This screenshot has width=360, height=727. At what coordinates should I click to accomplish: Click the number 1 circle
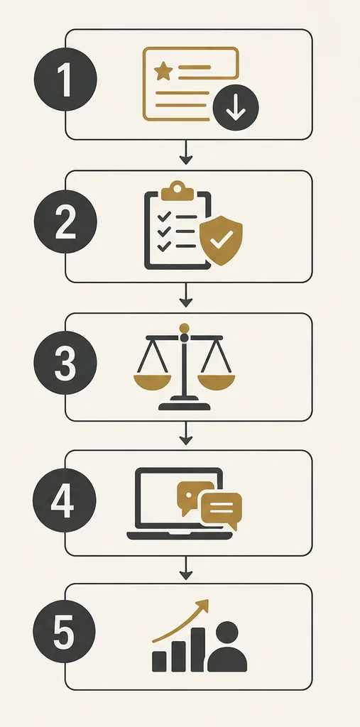65,80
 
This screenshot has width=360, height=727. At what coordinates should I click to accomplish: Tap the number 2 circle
65,222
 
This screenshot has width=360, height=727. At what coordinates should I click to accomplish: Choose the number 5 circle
65,631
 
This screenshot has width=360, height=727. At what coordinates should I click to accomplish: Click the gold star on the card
163,72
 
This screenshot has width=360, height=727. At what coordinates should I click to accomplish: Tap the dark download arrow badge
236,108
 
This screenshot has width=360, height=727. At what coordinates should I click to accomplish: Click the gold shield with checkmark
221,240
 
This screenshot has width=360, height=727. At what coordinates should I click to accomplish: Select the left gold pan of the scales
152,382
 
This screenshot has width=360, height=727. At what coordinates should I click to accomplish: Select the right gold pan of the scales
216,382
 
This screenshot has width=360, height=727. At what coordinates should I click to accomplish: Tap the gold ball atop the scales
184,328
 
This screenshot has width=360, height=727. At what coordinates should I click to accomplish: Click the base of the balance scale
184,405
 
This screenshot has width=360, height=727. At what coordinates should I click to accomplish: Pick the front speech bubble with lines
222,510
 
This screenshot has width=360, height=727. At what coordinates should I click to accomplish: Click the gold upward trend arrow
181,621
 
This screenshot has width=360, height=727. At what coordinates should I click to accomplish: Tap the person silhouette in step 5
227,647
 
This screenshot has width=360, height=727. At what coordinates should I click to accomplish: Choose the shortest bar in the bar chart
159,661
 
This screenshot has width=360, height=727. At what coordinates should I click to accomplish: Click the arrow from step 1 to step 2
185,152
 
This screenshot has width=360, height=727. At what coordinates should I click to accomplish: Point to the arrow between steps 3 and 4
185,434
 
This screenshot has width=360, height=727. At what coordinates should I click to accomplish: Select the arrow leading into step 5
185,568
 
